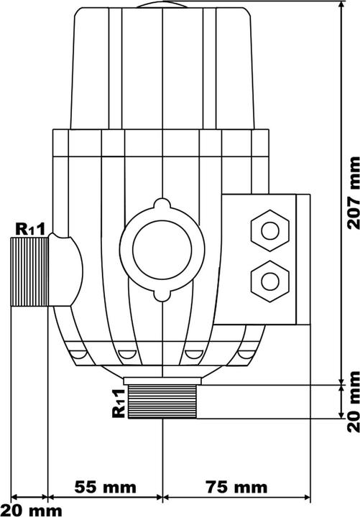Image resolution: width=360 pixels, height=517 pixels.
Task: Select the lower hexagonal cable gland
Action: click(x=269, y=276)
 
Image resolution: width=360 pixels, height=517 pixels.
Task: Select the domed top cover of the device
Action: click(x=164, y=65)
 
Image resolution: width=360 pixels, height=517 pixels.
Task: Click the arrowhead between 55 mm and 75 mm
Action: click(x=163, y=476)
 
